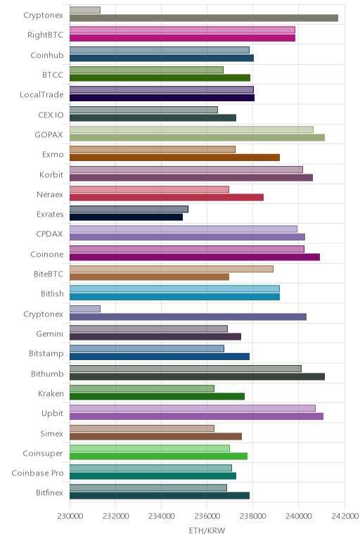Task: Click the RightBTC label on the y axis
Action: pos(45,35)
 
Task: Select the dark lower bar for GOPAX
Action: pos(197,137)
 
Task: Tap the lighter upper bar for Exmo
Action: pos(153,149)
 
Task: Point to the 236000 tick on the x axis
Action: pos(207,516)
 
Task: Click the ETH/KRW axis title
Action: pos(207,530)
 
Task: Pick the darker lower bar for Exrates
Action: pos(126,217)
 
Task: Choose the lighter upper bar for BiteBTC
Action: pos(172,269)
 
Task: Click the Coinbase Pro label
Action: pos(37,473)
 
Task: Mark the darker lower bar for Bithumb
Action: pos(197,376)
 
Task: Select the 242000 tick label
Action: pos(345,516)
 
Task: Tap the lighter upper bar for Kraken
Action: pos(142,388)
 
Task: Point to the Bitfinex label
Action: pos(49,493)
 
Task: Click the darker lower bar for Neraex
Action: pos(167,198)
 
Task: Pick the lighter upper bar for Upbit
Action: pos(193,408)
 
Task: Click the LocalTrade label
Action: pos(41,95)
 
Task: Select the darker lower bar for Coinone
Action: pos(195,257)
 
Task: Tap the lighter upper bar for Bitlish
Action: pos(174,289)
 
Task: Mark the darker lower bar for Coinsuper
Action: pos(158,456)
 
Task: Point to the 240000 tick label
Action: pos(298,516)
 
